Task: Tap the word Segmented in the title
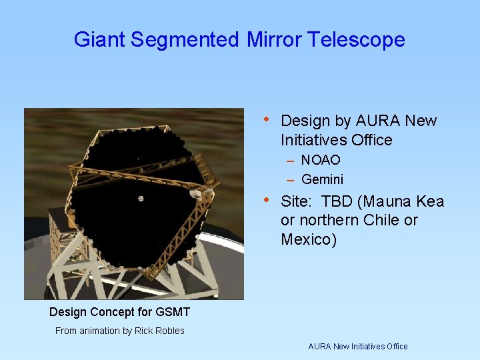click(185, 40)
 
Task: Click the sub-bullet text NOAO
click(321, 160)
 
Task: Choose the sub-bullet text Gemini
click(323, 179)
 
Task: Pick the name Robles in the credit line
click(169, 331)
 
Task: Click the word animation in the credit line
click(101, 331)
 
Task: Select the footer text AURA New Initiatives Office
click(357, 346)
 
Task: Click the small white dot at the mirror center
click(141, 197)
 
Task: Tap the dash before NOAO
click(291, 161)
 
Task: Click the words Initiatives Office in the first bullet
click(337, 140)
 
